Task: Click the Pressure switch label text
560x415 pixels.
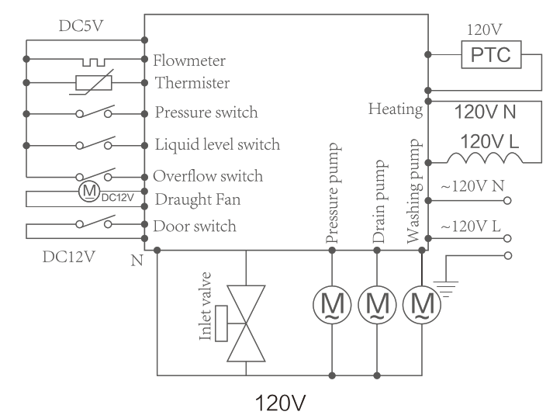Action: [x=206, y=112]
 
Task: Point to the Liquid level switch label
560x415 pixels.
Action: [x=216, y=144]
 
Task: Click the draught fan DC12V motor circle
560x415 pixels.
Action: [x=89, y=190]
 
